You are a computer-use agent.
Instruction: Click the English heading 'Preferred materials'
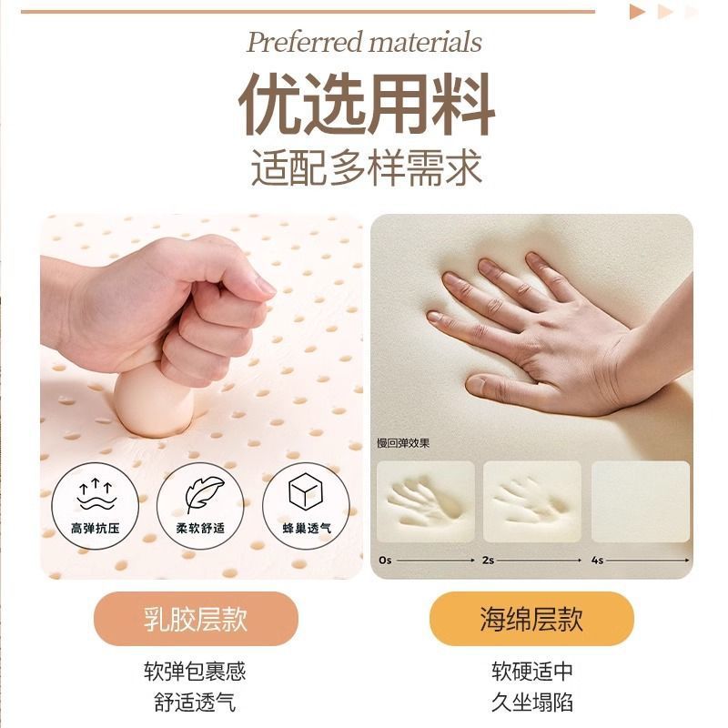point(364,42)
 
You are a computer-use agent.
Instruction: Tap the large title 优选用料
point(366,104)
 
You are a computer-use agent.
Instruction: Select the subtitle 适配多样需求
point(367,167)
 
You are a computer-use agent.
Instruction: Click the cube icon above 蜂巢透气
point(305,490)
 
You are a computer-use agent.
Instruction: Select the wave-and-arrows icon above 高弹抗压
point(96,493)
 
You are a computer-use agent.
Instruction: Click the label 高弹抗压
point(96,528)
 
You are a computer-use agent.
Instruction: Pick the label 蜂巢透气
point(307,528)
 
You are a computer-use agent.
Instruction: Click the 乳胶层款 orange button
point(196,619)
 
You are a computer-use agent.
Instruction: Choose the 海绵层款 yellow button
point(531,619)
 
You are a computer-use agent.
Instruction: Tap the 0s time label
point(385,560)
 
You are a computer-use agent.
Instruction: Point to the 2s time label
point(488,560)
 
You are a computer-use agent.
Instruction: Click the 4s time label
point(598,560)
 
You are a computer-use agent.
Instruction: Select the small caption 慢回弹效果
point(403,443)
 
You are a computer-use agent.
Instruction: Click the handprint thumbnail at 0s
point(426,501)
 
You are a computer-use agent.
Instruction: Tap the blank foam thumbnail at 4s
point(641,501)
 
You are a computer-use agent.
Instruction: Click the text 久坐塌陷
point(532,702)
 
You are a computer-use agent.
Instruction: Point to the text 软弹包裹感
point(195,671)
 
